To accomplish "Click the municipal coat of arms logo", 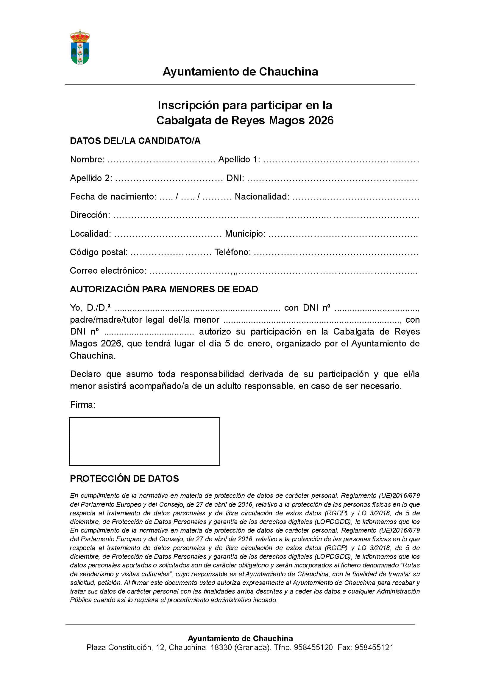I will click(80, 47).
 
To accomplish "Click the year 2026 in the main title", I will click(321, 120).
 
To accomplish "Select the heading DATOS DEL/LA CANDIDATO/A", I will click(135, 141).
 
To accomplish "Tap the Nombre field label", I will click(87, 159).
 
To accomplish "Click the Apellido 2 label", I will click(91, 178).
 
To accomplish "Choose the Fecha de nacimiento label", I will click(113, 197).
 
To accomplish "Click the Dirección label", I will click(90, 215).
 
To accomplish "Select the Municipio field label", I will click(245, 234).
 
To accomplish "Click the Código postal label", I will click(99, 252).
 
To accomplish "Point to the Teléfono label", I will click(232, 252).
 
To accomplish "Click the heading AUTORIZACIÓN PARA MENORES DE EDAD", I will click(164, 289).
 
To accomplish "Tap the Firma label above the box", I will click(83, 405).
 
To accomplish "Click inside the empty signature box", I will click(144, 441).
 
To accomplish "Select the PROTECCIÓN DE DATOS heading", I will click(124, 478).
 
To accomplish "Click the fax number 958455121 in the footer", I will click(374, 647).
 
